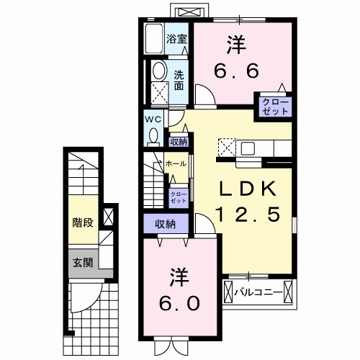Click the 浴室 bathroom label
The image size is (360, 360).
pos(176,39)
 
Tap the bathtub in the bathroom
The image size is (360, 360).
pos(153,39)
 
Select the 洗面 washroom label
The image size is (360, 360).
pos(178,79)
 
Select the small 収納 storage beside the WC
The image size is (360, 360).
pos(179,142)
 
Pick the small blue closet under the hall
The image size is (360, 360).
pos(177,195)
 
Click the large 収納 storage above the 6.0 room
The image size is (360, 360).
pos(166,224)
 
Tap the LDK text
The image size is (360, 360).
pos(246,189)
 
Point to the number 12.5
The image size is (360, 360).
pos(246,215)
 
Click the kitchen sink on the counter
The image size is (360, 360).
pos(247,148)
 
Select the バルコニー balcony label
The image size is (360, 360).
pos(256,292)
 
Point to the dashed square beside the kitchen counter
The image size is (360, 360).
pos(225,147)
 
